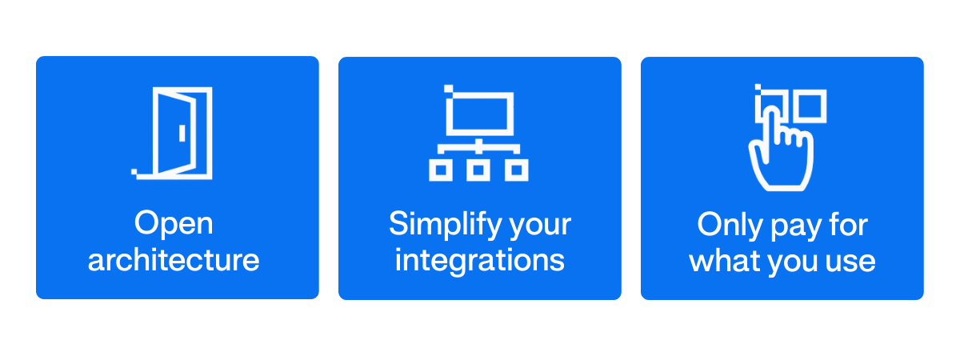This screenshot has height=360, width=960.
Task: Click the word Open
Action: tap(174, 224)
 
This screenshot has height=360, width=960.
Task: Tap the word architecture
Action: tap(174, 260)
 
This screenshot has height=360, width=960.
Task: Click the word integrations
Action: tap(480, 260)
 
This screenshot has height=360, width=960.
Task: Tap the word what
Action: tap(721, 260)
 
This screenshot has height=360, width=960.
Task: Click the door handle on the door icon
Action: tap(182, 132)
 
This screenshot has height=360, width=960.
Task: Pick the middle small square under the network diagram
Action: tap(478, 170)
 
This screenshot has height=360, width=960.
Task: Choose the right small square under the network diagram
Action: tap(518, 170)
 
